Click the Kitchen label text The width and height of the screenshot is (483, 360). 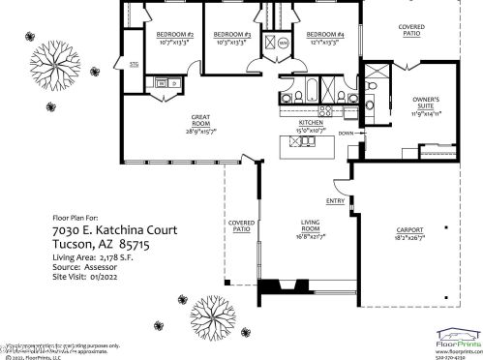pos(310,124)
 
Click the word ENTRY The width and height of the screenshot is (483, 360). pos(336,201)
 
